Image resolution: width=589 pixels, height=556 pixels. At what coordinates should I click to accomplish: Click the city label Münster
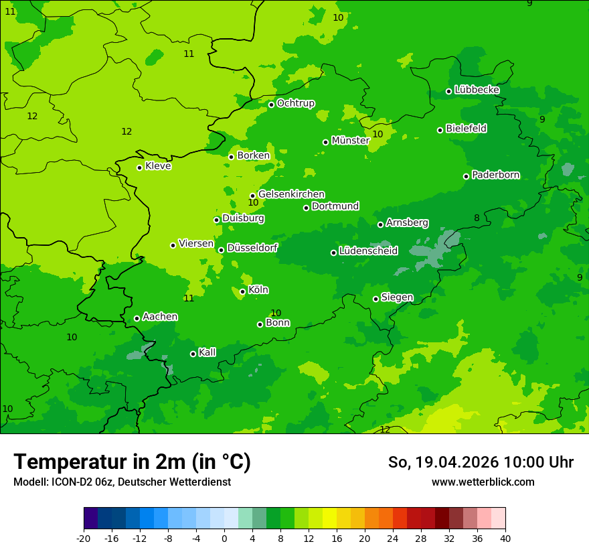(x=350, y=141)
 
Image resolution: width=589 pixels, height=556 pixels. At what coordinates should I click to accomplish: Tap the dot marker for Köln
(x=242, y=291)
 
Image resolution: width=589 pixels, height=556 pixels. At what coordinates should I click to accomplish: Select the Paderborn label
(x=495, y=175)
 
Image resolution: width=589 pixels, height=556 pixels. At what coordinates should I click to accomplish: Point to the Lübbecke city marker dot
(x=448, y=91)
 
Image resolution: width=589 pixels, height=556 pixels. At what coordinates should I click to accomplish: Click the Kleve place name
(x=158, y=166)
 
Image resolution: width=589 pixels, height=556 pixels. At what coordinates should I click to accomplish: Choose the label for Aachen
(x=160, y=317)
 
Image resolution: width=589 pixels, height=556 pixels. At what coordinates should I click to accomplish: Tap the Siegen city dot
(x=375, y=299)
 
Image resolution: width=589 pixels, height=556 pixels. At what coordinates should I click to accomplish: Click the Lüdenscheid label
(x=368, y=251)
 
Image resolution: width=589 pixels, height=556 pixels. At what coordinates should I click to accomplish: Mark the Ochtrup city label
(x=295, y=103)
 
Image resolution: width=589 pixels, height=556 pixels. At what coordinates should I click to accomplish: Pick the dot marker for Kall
(x=193, y=354)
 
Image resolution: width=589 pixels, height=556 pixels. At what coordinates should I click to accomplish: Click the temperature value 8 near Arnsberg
(x=477, y=218)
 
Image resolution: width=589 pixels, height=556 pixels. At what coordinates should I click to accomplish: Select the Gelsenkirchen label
(x=291, y=194)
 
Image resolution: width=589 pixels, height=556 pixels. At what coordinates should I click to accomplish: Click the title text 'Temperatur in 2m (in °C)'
(x=132, y=462)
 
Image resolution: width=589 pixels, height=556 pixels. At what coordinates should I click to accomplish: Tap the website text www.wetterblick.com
(x=483, y=482)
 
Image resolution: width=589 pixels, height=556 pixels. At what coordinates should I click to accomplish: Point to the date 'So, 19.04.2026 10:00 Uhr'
(x=481, y=462)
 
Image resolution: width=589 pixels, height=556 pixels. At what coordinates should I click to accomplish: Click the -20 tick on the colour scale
(x=84, y=538)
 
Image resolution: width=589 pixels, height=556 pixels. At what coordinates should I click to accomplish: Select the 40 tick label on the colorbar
(x=505, y=538)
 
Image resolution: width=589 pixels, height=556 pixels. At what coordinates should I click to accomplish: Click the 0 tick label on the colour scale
(x=224, y=538)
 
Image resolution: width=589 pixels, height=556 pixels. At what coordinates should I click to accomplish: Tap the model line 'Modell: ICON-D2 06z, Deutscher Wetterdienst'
(x=122, y=482)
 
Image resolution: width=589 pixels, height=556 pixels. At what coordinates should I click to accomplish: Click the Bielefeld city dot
(x=440, y=130)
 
